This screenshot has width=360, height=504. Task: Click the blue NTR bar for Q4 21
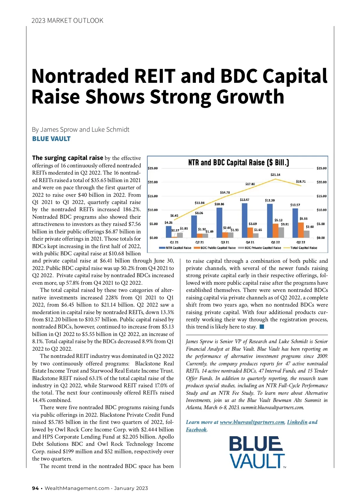244,220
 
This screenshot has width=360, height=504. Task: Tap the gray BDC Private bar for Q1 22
281,232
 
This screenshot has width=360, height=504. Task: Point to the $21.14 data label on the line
275,175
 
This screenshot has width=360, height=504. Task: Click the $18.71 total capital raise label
301,181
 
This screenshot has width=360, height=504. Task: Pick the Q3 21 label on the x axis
225,242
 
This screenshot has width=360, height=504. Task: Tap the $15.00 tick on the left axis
153,196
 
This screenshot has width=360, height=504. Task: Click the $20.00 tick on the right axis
322,182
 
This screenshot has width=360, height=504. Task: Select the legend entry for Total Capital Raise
303,248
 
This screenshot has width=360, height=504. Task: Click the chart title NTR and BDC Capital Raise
238,163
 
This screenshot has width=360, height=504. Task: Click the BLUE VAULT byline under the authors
51,139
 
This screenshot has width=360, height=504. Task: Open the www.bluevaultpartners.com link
252,422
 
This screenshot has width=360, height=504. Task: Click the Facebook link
196,430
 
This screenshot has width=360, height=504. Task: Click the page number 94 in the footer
35,488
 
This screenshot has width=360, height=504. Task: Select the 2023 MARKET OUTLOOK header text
67,20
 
